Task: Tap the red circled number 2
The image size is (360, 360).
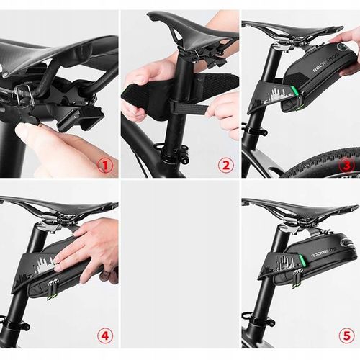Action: [x=226, y=166]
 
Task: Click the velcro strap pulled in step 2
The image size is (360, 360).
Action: [x=194, y=106]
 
